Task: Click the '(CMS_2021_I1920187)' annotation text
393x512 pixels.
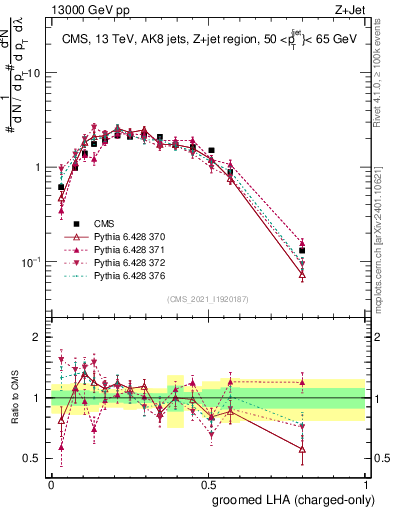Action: click(x=208, y=299)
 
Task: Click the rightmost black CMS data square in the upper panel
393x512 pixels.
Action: click(x=302, y=251)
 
